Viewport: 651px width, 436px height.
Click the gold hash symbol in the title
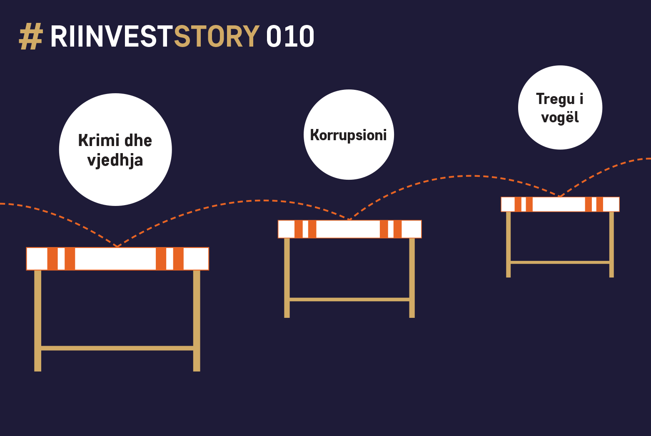(x=31, y=37)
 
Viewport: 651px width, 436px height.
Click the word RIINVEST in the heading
(x=112, y=37)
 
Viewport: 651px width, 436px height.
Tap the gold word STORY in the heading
(x=217, y=37)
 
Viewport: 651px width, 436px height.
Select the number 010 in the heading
(x=290, y=37)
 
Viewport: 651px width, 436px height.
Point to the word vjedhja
(x=115, y=161)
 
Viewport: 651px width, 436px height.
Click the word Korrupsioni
(x=348, y=135)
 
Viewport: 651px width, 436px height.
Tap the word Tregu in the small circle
(x=555, y=99)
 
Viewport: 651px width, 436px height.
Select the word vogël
(x=560, y=117)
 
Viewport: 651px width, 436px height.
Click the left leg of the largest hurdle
(x=38, y=321)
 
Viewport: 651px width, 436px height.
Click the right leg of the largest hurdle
(x=197, y=321)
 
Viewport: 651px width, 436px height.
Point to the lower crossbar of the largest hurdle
(x=117, y=348)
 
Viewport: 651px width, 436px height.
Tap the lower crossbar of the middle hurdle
(x=349, y=299)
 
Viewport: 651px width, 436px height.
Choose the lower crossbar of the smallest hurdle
(x=560, y=263)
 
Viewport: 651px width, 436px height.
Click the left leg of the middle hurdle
(x=287, y=278)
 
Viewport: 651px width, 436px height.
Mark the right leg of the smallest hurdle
(x=611, y=244)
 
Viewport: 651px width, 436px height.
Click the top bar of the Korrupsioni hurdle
(x=349, y=229)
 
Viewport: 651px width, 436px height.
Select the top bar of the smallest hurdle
(x=560, y=204)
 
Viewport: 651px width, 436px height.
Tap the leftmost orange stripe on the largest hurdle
(x=52, y=259)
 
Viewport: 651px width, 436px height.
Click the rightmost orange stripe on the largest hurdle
(x=178, y=259)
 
